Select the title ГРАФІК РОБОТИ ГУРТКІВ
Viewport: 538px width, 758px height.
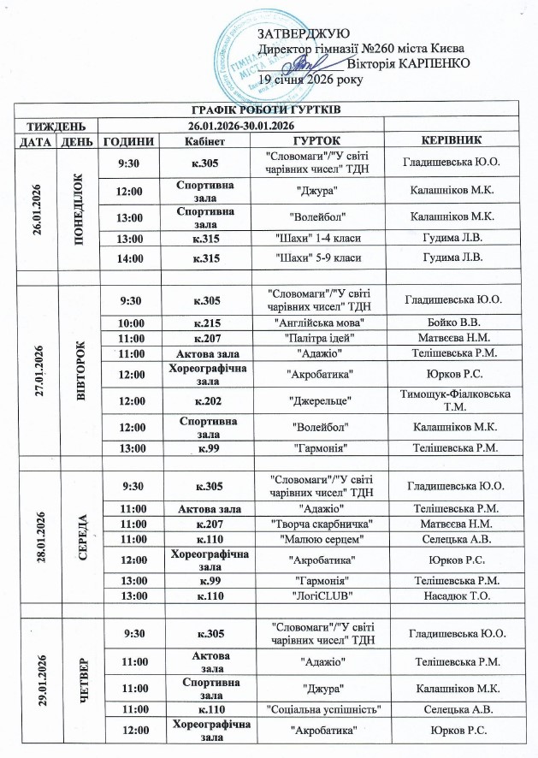(269, 110)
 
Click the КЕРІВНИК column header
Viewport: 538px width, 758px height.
(452, 140)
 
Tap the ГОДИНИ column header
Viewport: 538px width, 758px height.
(128, 140)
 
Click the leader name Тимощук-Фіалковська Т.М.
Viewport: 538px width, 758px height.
(452, 398)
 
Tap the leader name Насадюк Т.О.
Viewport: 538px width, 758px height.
(452, 595)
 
